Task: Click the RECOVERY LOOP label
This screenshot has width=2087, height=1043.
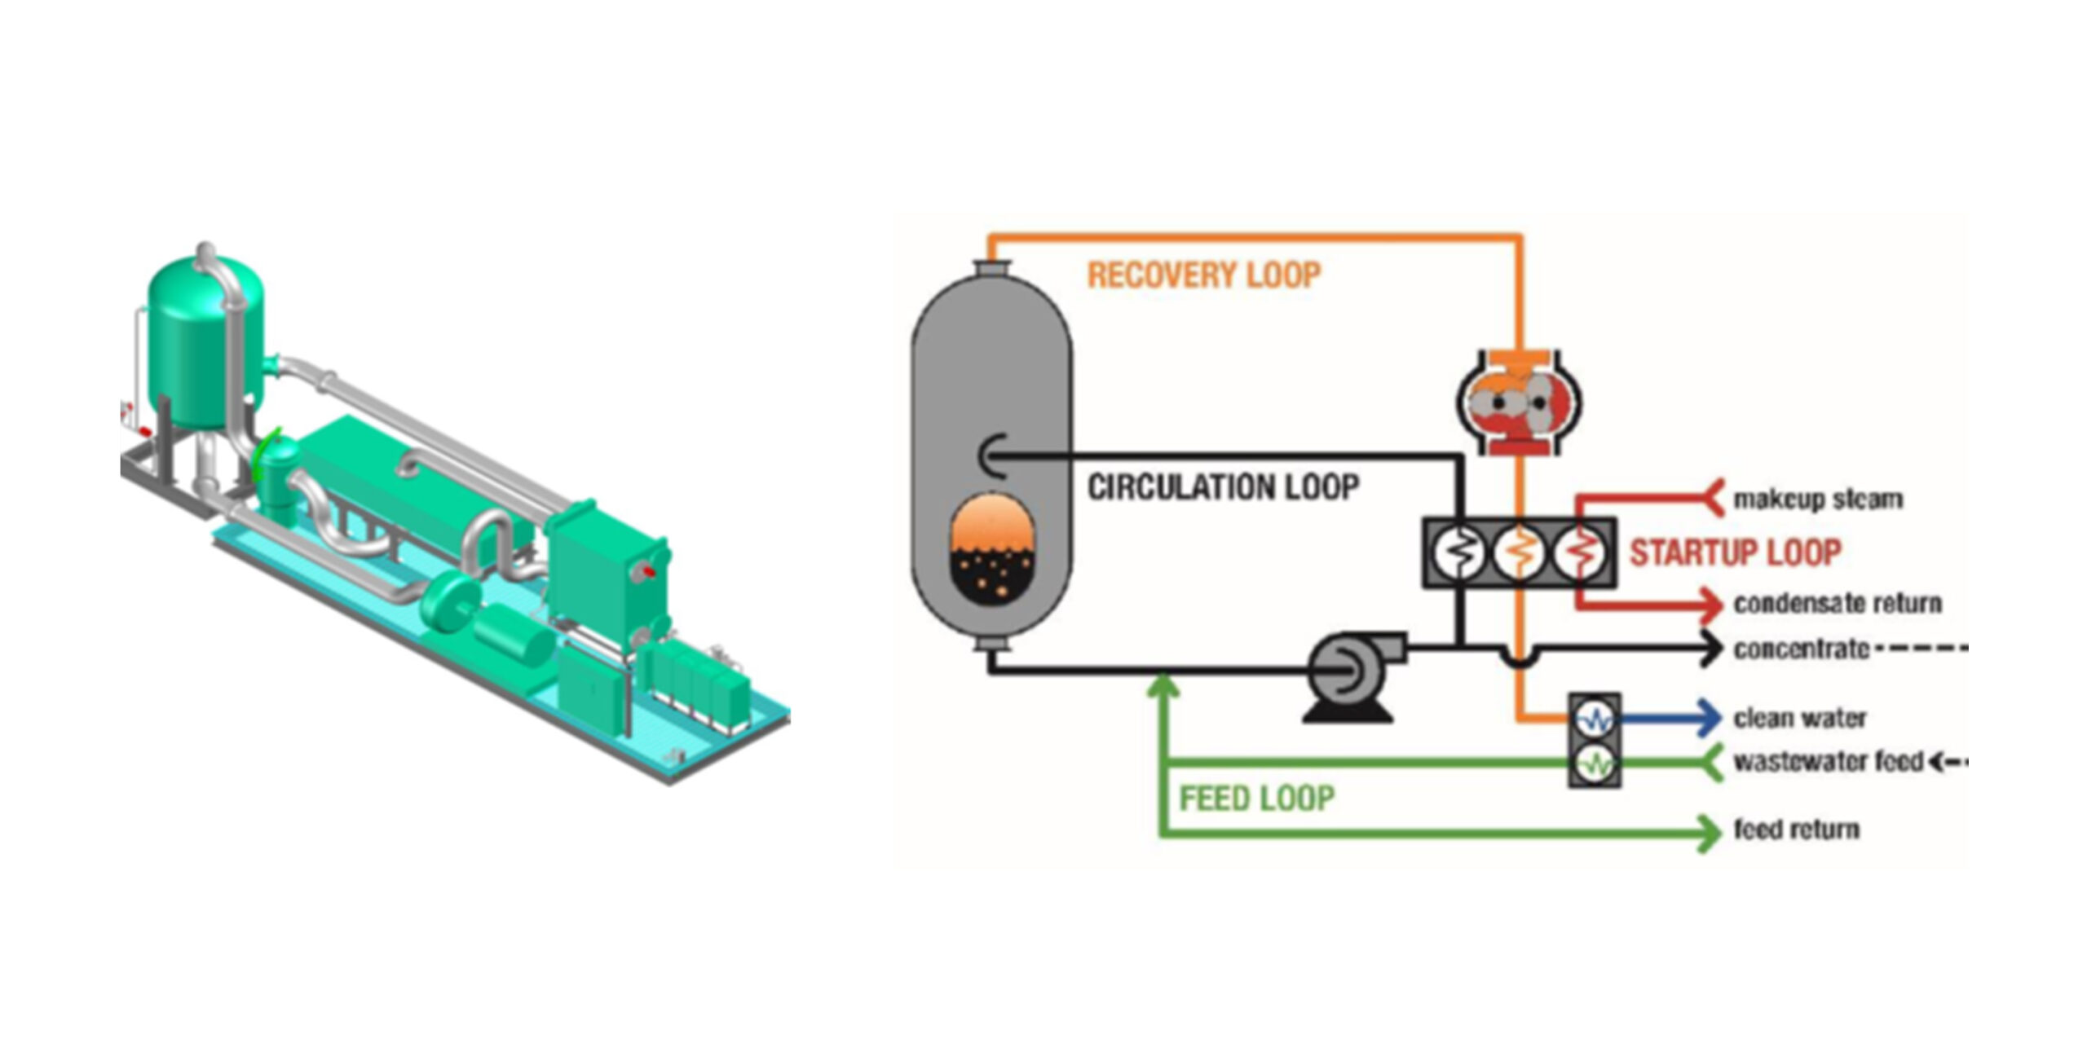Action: coord(1203,275)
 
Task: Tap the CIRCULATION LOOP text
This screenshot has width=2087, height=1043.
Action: coord(1223,487)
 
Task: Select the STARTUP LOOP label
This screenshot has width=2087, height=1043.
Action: coord(1735,552)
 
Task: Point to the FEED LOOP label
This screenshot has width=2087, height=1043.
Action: coord(1256,799)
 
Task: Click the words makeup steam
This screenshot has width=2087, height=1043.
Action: coord(1817,499)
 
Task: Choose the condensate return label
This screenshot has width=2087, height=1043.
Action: coord(1837,603)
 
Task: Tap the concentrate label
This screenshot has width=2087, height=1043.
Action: coord(1801,649)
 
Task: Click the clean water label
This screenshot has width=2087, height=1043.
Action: coord(1799,718)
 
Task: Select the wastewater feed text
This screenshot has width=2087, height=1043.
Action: coord(1828,762)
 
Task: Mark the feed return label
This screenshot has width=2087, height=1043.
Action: coord(1796,830)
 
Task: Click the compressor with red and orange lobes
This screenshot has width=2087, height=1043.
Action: coord(1519,403)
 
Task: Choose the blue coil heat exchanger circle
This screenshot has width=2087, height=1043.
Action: coord(1594,719)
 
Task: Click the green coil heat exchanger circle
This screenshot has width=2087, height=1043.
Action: coord(1594,764)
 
